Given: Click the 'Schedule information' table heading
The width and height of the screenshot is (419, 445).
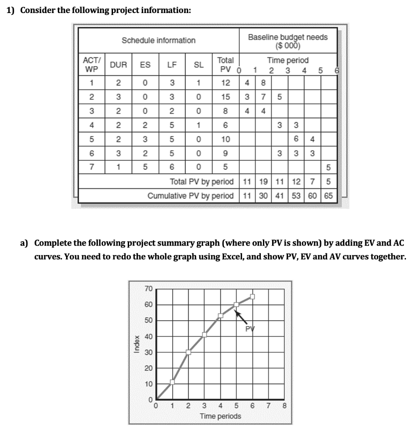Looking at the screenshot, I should coord(158,40).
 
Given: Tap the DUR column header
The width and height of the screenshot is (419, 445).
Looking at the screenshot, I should coord(118,65).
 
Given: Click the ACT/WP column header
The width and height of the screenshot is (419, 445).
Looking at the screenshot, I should coord(91,65).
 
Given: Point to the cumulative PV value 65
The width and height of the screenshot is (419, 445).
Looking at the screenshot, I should coord(328,196).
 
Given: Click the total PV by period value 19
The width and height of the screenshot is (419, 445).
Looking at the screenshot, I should coord(263,181).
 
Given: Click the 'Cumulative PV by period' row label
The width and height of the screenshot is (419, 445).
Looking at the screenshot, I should coord(190,196).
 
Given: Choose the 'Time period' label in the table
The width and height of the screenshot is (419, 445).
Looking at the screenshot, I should coord(288,60).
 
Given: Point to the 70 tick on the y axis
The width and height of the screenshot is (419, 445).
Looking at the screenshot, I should coord(148,288).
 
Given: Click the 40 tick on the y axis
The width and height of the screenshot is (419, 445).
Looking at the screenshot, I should coord(148,336).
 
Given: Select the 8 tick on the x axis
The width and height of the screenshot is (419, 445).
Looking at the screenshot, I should coord(285,407).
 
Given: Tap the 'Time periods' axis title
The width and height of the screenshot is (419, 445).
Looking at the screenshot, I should coord(220,416).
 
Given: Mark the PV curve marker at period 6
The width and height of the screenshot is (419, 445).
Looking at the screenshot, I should coord(252,297).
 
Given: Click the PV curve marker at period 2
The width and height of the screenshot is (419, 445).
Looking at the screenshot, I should coord(188,352).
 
